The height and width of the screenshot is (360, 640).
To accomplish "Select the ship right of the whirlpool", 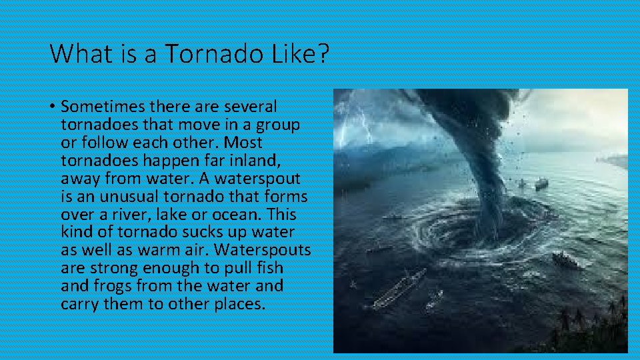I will click(x=565, y=260).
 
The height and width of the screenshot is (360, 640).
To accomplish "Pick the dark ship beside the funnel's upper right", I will click(x=541, y=183).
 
